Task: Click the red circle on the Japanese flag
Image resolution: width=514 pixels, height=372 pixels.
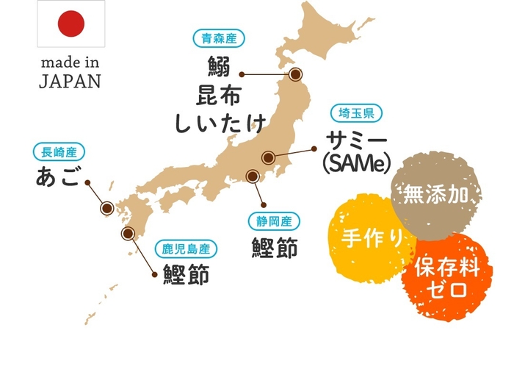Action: [x=71, y=24]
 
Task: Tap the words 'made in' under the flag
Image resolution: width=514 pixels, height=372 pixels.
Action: [x=70, y=61]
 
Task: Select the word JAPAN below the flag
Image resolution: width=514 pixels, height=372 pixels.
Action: [x=70, y=81]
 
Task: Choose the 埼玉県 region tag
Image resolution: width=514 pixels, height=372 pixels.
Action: [x=356, y=112]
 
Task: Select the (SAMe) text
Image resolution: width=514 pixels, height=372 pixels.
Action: [x=356, y=162]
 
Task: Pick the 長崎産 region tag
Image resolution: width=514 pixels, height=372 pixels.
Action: [x=59, y=152]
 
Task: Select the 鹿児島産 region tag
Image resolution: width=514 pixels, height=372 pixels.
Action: [x=186, y=248]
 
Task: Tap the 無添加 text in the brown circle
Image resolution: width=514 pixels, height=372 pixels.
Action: [x=437, y=195]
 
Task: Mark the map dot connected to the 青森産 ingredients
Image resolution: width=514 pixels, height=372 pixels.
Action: [x=296, y=74]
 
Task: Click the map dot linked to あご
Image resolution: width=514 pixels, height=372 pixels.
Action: [x=107, y=208]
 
